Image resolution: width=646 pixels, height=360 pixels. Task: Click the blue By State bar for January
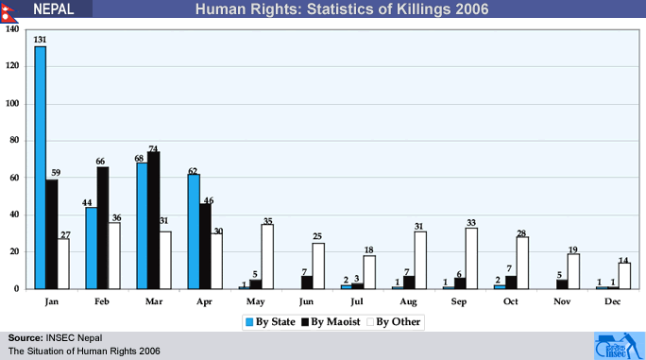pyautogui.click(x=41, y=167)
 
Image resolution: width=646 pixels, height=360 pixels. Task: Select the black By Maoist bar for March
pyautogui.click(x=154, y=220)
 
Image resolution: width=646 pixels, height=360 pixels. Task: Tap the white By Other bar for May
pyautogui.click(x=267, y=256)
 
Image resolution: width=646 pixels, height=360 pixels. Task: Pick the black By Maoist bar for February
pyautogui.click(x=103, y=228)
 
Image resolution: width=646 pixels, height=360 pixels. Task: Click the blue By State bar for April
pyautogui.click(x=194, y=231)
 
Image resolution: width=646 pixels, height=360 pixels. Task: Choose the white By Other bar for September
pyautogui.click(x=471, y=258)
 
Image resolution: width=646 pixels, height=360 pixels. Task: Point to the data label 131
pyautogui.click(x=40, y=40)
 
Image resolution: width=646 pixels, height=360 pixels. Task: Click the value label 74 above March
pyautogui.click(x=153, y=148)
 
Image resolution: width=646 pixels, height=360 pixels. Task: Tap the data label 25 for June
pyautogui.click(x=316, y=236)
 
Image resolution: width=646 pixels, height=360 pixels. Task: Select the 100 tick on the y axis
pyautogui.click(x=12, y=103)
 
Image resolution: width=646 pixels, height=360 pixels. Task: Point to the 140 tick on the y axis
pyautogui.click(x=12, y=29)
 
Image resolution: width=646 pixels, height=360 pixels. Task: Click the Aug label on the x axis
pyautogui.click(x=408, y=301)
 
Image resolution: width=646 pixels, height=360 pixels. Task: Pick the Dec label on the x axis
pyautogui.click(x=613, y=301)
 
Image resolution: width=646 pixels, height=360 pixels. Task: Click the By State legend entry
pyautogui.click(x=270, y=321)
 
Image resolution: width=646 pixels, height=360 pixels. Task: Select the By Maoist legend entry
pyautogui.click(x=331, y=321)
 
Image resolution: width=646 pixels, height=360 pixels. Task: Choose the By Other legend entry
pyautogui.click(x=394, y=321)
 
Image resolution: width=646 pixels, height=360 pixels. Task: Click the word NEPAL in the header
pyautogui.click(x=54, y=9)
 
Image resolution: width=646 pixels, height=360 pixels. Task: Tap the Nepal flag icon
pyautogui.click(x=8, y=11)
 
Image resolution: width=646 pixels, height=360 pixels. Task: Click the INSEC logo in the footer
pyautogui.click(x=619, y=346)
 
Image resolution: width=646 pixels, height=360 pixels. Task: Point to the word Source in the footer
pyautogui.click(x=25, y=338)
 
